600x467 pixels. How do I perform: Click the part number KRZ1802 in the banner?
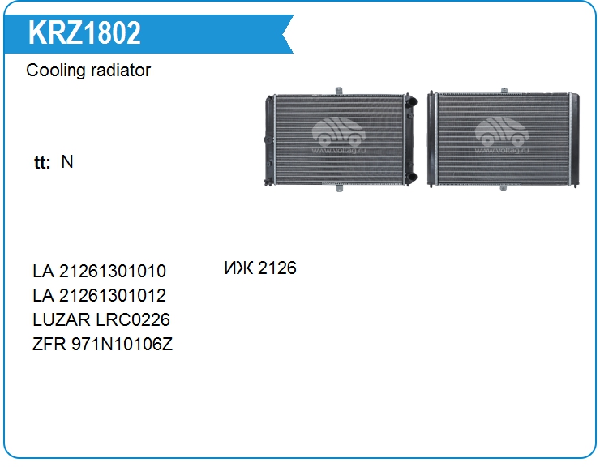pyautogui.click(x=84, y=32)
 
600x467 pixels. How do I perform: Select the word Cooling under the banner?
pyautogui.click(x=55, y=71)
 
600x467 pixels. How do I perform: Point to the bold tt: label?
pyautogui.click(x=42, y=162)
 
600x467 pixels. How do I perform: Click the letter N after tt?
pyautogui.click(x=67, y=161)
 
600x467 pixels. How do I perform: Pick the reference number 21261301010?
pyautogui.click(x=113, y=271)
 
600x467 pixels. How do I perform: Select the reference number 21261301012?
pyautogui.click(x=113, y=295)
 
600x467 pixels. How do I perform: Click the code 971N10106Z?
pyautogui.click(x=122, y=345)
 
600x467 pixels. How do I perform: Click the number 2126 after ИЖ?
pyautogui.click(x=277, y=268)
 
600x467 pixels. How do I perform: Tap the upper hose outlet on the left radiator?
pyautogui.click(x=411, y=102)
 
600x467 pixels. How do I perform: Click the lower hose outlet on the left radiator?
pyautogui.click(x=411, y=178)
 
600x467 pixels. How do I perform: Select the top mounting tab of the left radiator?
pyautogui.click(x=339, y=91)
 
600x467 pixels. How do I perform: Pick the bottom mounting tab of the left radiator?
pyautogui.click(x=339, y=188)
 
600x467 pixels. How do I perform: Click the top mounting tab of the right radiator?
pyautogui.click(x=504, y=90)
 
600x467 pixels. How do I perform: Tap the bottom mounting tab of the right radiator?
pyautogui.click(x=504, y=188)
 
